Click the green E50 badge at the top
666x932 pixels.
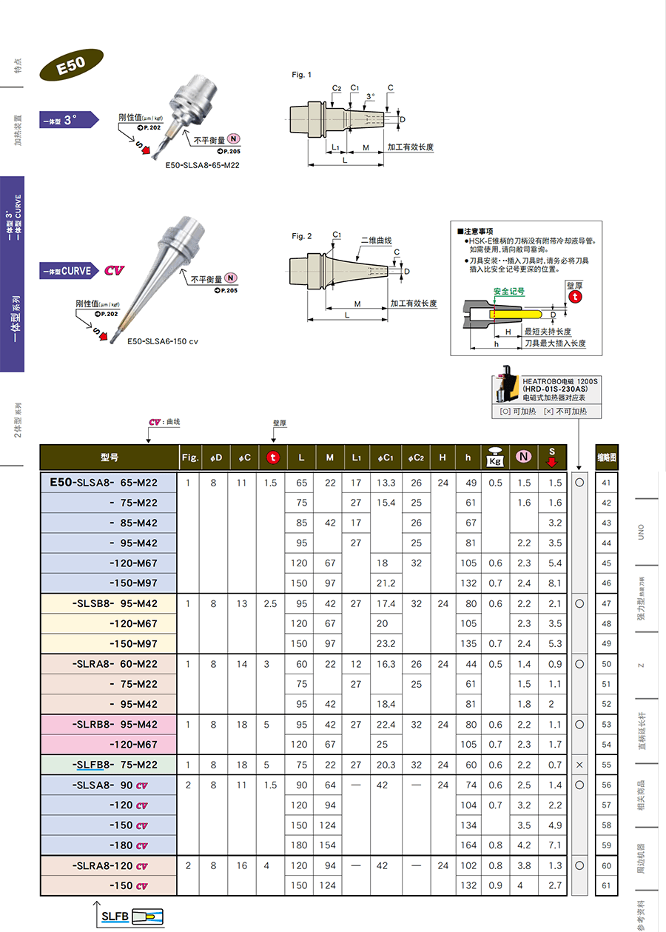click(72, 64)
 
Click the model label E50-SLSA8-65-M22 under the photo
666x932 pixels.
click(202, 165)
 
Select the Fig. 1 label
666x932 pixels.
click(302, 75)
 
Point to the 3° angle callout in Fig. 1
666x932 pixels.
click(370, 96)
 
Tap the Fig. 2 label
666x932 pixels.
click(302, 236)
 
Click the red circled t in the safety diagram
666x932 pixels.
click(574, 296)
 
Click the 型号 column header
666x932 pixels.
click(110, 457)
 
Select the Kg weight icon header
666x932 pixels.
click(494, 457)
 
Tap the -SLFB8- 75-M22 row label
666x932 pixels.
click(115, 765)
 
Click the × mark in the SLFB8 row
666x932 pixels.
click(579, 765)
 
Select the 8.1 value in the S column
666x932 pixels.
click(556, 583)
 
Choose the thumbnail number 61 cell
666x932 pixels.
click(607, 885)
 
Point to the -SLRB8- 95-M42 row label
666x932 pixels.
click(115, 725)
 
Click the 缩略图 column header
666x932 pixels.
click(607, 457)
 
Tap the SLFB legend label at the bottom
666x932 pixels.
click(115, 916)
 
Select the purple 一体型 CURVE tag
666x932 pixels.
click(67, 271)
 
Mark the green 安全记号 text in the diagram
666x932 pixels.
click(509, 291)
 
